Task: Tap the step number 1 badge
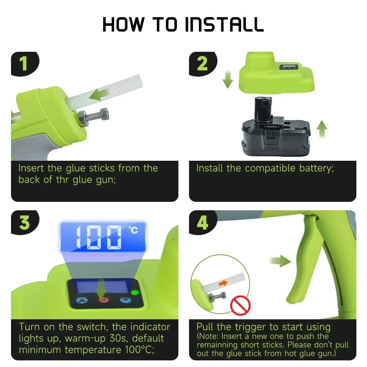24,64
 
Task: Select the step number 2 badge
202,64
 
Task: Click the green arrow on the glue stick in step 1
101,95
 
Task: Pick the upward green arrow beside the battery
322,130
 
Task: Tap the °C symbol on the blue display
133,230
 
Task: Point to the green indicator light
134,292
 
